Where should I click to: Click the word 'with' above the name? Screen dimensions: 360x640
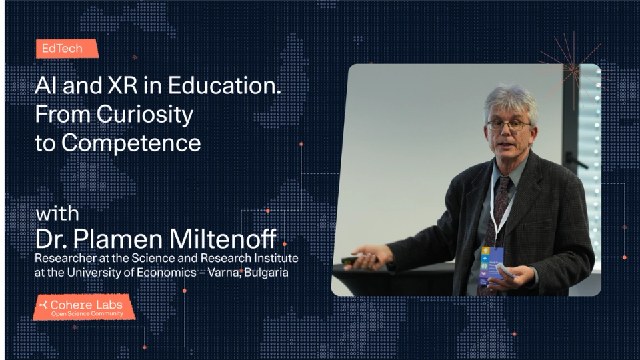57,215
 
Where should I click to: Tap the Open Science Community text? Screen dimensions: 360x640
87,313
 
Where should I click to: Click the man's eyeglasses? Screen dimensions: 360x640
508,125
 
